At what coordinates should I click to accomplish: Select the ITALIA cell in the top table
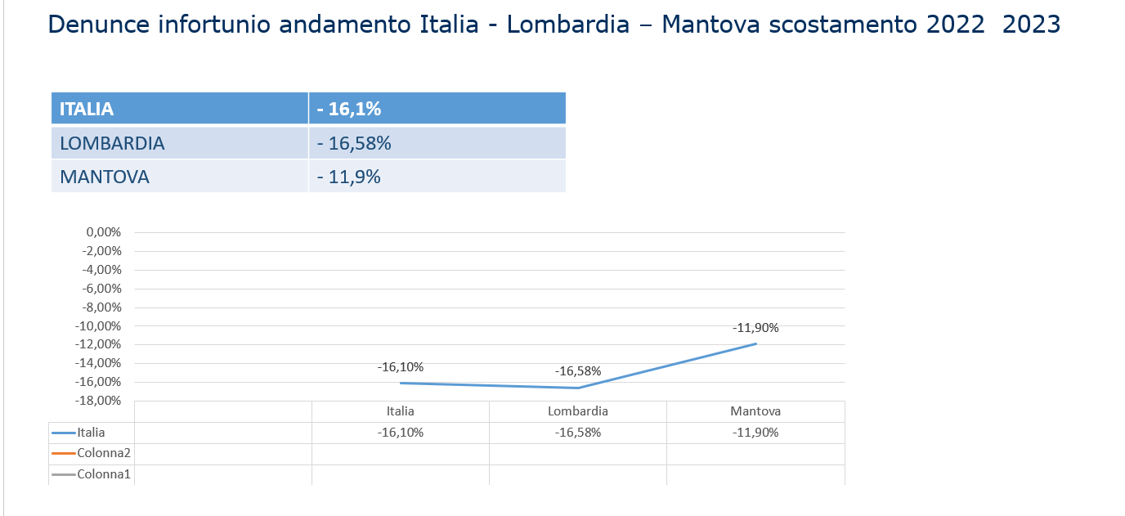179,109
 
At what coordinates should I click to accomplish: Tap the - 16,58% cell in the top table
437,143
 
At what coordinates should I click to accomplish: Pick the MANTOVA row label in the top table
179,177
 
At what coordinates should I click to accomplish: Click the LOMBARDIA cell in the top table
179,143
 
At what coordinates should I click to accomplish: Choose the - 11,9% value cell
437,177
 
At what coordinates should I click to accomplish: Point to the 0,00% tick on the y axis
103,232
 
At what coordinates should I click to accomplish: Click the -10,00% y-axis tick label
100,326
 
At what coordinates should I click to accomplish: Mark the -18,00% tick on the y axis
100,401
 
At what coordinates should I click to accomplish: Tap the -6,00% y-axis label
103,289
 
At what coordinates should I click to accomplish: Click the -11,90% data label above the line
755,328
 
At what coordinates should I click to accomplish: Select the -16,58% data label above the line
578,371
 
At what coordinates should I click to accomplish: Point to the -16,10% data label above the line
401,367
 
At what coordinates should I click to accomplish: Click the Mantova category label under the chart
755,411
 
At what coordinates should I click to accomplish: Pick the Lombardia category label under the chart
578,411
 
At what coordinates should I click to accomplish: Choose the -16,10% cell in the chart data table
401,433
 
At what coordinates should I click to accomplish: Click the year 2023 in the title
1031,24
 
